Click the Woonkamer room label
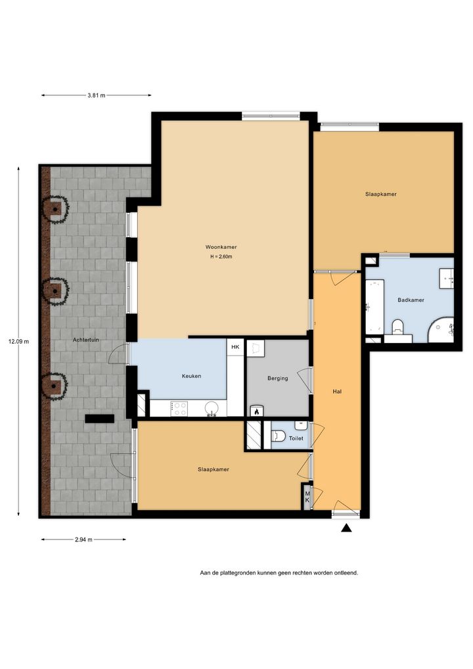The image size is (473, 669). [x=221, y=247]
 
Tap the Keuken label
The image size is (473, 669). [x=192, y=377]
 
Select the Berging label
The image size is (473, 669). [x=278, y=379]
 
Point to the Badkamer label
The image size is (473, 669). [x=411, y=300]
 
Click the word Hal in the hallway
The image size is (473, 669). [x=337, y=391]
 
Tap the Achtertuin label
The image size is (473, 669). [x=85, y=340]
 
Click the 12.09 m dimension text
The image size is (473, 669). [x=19, y=341]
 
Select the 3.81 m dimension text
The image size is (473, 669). [x=97, y=95]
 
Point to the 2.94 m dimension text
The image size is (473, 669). [x=83, y=540]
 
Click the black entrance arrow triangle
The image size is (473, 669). [x=346, y=528]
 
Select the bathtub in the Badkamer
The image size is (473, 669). [x=375, y=306]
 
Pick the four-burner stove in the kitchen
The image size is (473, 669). [x=179, y=409]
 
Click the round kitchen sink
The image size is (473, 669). [x=211, y=408]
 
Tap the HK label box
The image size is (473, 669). [x=235, y=347]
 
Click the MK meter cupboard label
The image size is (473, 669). [x=307, y=496]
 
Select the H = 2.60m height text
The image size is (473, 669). [x=221, y=257]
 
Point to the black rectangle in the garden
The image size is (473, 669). [x=99, y=419]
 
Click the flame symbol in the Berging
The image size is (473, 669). [x=257, y=412]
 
